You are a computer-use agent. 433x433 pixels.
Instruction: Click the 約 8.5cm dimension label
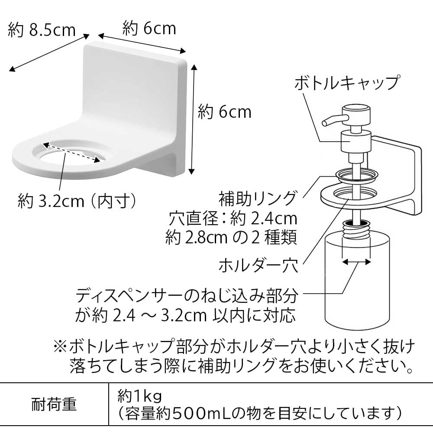pyautogui.click(x=42, y=30)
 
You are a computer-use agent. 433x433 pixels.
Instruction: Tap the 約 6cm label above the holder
pyautogui.click(x=149, y=29)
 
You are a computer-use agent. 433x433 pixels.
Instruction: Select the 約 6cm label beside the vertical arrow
pyautogui.click(x=225, y=112)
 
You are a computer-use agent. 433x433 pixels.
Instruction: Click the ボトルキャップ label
pyautogui.click(x=346, y=82)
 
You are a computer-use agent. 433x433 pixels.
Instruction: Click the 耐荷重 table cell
pyautogui.click(x=54, y=404)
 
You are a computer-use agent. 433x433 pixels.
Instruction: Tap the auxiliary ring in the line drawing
pyautogui.click(x=356, y=175)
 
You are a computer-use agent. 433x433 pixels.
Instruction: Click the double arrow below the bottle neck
pyautogui.click(x=356, y=262)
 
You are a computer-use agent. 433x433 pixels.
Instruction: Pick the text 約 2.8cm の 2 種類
pyautogui.click(x=232, y=238)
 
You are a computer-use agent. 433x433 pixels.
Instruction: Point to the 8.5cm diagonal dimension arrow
pyautogui.click(x=50, y=53)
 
